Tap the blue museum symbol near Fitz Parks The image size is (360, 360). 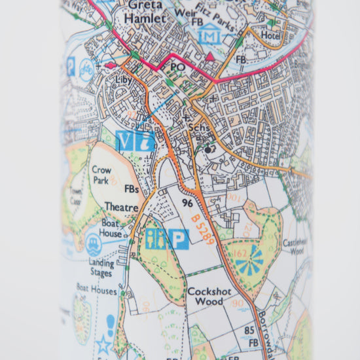[209, 33]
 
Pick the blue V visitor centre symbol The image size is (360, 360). [125, 141]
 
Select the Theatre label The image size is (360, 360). [121, 207]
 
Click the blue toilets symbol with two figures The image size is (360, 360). [156, 239]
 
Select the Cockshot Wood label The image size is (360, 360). [205, 297]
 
